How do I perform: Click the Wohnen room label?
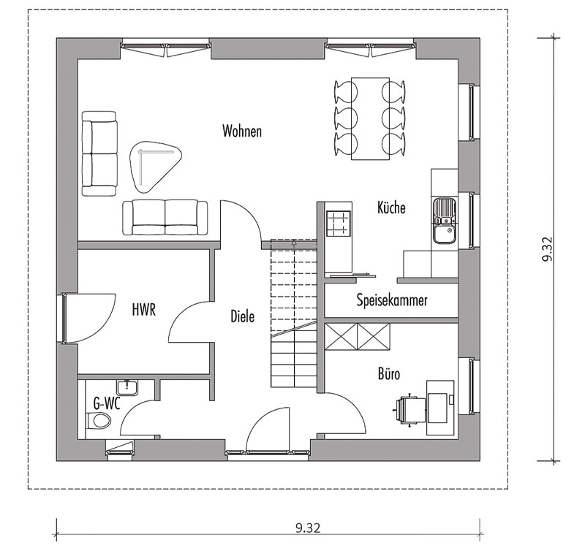click(242, 131)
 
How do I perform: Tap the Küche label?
click(391, 208)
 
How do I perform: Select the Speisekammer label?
click(392, 300)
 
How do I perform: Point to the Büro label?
click(389, 373)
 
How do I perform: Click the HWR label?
click(143, 310)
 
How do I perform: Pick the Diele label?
click(243, 316)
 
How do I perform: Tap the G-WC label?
click(107, 403)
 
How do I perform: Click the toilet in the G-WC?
click(99, 421)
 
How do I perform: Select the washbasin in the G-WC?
click(127, 387)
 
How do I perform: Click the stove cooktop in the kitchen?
click(339, 224)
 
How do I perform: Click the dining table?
click(371, 118)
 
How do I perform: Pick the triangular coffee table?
click(155, 167)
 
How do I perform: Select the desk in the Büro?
click(440, 408)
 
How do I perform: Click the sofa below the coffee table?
click(165, 217)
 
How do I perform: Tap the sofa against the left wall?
click(99, 154)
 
